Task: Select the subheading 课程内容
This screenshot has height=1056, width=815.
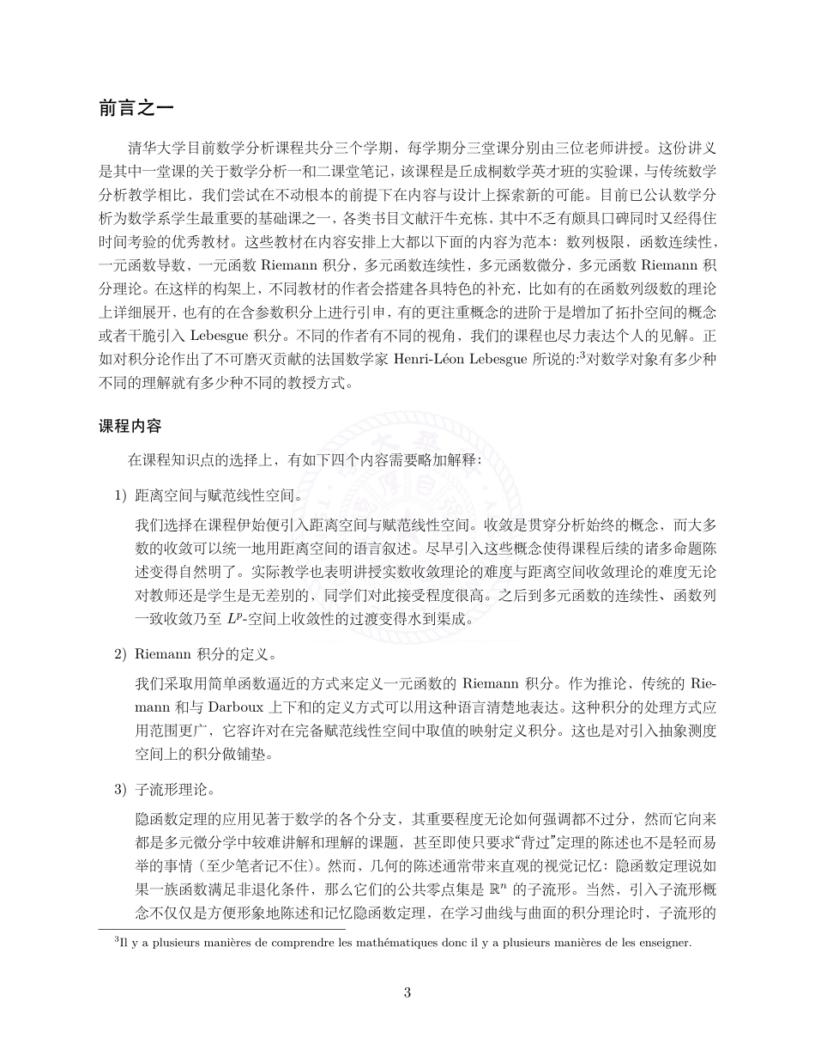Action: click(x=130, y=426)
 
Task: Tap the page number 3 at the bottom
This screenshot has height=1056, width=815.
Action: click(x=407, y=993)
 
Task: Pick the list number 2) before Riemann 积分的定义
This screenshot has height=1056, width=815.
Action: click(x=121, y=654)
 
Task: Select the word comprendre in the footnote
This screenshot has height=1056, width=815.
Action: click(x=292, y=943)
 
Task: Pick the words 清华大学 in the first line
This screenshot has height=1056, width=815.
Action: click(x=157, y=145)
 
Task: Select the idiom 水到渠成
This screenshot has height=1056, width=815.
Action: click(x=439, y=619)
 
